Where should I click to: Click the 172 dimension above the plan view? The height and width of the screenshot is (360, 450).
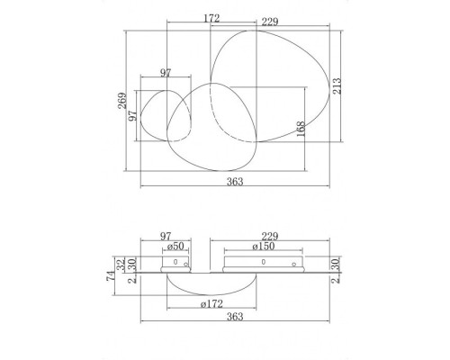click(x=211, y=18)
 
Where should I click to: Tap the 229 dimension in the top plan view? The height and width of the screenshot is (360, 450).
click(x=270, y=22)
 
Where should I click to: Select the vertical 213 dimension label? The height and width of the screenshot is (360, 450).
click(x=337, y=85)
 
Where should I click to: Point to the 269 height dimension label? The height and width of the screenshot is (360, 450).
click(x=122, y=101)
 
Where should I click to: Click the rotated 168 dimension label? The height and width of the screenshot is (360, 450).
click(x=301, y=129)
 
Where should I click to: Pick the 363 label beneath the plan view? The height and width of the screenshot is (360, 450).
click(x=235, y=181)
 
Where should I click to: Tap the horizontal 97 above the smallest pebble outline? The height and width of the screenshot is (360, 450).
click(x=166, y=73)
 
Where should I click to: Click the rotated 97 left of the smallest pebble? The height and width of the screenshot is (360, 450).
click(x=132, y=115)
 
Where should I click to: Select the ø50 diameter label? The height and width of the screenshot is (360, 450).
click(x=175, y=247)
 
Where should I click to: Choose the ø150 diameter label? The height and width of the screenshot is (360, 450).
click(x=264, y=247)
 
